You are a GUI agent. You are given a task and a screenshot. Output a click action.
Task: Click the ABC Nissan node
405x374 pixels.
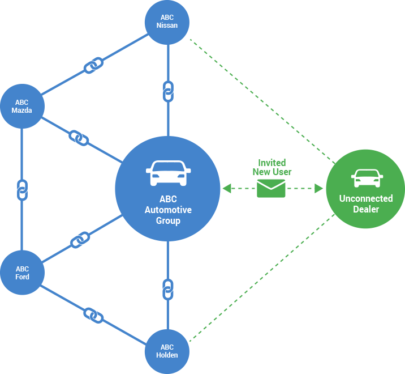(x=167, y=22)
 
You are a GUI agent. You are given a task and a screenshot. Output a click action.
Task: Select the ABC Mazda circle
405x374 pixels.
(x=22, y=107)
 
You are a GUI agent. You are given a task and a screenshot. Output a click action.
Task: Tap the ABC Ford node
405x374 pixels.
(x=22, y=273)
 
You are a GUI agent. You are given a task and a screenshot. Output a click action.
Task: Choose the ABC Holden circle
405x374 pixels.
(x=167, y=351)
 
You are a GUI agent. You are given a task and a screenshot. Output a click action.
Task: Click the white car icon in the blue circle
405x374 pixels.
(x=168, y=173)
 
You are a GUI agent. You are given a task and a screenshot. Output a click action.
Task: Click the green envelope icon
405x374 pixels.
(x=271, y=188)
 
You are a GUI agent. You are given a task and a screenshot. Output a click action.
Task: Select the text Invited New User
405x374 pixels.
(x=272, y=167)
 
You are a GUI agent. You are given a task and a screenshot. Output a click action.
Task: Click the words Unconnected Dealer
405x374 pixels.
(x=366, y=204)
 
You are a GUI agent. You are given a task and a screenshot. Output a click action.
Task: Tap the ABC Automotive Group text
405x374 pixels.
(x=168, y=210)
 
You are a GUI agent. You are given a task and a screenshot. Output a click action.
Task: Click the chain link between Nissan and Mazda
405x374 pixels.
(x=93, y=66)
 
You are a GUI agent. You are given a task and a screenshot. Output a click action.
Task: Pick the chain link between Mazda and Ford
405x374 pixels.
(x=22, y=190)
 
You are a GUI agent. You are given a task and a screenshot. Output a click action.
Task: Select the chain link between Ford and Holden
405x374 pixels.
(x=93, y=314)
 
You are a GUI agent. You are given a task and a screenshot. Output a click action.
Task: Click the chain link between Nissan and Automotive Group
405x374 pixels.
(x=167, y=91)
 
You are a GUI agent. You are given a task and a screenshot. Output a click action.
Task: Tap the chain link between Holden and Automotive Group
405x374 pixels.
(x=167, y=288)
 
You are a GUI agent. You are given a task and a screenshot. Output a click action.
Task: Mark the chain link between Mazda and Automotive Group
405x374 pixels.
(x=79, y=137)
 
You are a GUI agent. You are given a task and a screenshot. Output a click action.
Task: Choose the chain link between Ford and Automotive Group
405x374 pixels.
(x=80, y=240)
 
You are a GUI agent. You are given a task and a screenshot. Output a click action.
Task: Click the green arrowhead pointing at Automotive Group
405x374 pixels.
(x=227, y=188)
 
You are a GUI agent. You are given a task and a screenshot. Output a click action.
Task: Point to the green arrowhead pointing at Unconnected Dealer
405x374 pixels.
(x=318, y=188)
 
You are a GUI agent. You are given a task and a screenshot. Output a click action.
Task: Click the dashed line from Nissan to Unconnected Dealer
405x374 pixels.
(x=260, y=100)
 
